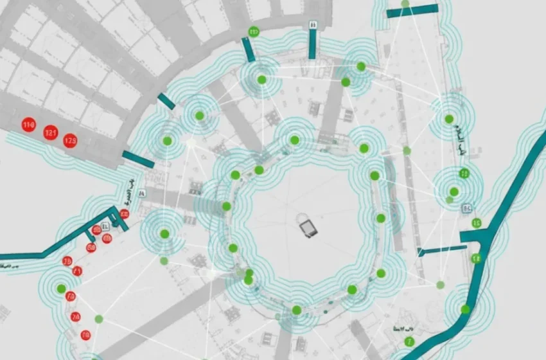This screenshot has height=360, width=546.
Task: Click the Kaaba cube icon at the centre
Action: tap(308, 226)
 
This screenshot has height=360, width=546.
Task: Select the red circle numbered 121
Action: tap(51, 134)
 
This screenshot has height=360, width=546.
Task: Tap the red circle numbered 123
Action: tap(71, 139)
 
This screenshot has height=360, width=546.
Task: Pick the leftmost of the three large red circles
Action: tap(28, 124)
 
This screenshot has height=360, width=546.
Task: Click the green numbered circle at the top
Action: tap(254, 31)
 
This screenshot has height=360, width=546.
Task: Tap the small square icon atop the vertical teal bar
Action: tap(313, 24)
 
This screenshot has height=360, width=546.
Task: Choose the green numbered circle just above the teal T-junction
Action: tap(477, 223)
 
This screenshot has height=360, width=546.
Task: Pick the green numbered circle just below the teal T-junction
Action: tap(476, 258)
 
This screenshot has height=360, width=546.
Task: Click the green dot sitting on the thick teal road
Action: tap(464, 309)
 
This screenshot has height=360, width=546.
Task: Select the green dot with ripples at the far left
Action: tap(61, 289)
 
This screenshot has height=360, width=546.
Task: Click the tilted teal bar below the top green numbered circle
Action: tap(249, 50)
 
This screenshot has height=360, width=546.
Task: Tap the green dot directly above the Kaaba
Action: tap(294, 140)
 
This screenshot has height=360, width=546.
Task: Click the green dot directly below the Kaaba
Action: tap(296, 310)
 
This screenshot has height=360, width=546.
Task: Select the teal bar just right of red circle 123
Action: tap(137, 159)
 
